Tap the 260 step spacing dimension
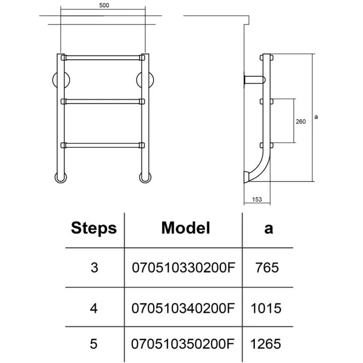(x=300, y=121)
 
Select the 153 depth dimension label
(x=256, y=200)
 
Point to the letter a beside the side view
(x=315, y=117)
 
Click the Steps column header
(x=94, y=228)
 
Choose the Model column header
(x=185, y=228)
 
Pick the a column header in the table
(x=268, y=228)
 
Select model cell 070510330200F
(x=184, y=267)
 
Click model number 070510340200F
(x=184, y=307)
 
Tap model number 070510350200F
(x=184, y=344)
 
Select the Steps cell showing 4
(x=94, y=307)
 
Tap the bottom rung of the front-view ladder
(x=103, y=146)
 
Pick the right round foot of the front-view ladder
(x=145, y=177)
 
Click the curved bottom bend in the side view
(x=258, y=167)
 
